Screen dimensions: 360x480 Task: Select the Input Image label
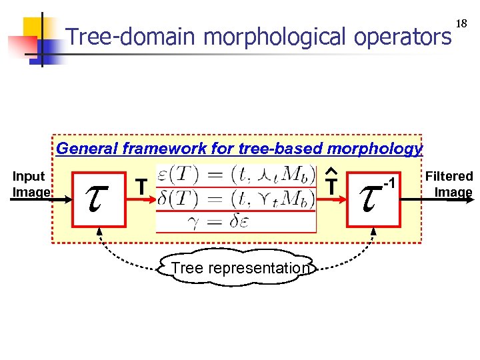point(31,185)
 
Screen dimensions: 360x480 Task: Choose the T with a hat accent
point(330,186)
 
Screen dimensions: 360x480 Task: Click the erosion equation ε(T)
point(235,175)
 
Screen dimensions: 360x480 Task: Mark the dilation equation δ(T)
point(235,199)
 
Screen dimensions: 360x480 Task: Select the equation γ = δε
point(235,221)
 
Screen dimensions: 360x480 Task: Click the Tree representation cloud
point(239,268)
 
